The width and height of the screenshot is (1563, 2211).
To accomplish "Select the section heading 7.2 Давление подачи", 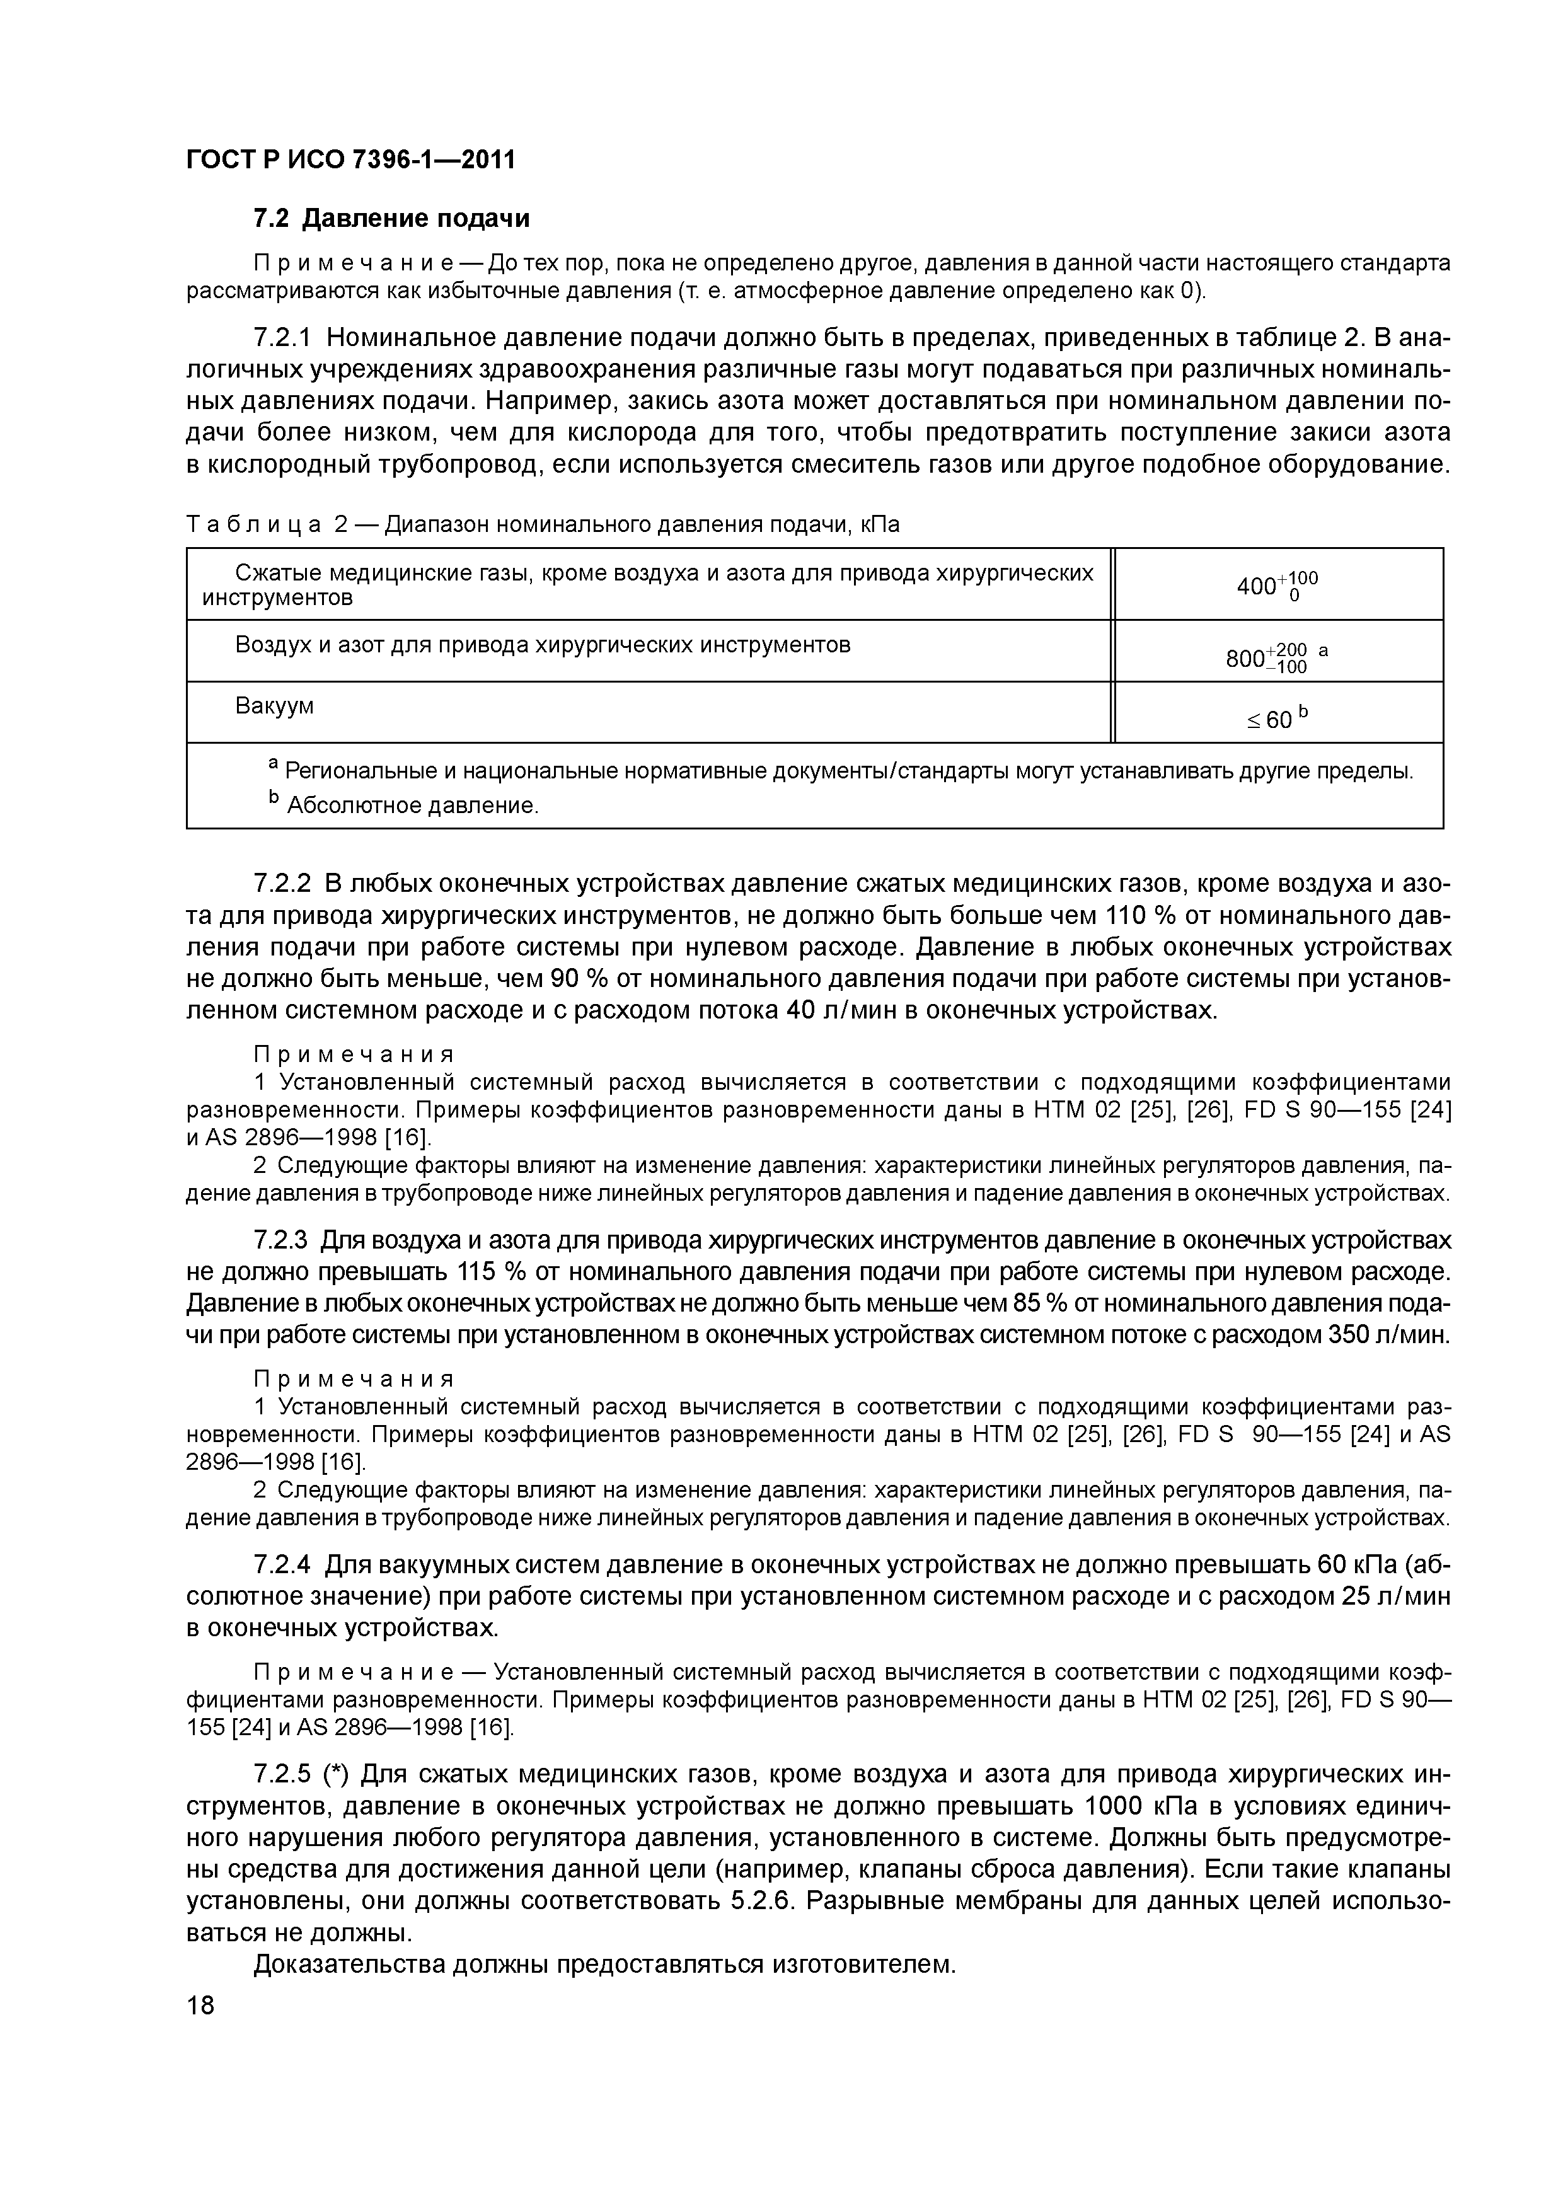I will click(x=391, y=219).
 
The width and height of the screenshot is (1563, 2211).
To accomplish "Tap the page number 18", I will click(x=200, y=2006).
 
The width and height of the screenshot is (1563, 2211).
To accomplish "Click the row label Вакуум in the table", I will click(x=274, y=706).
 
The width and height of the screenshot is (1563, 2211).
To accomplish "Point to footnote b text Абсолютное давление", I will click(x=412, y=805).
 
